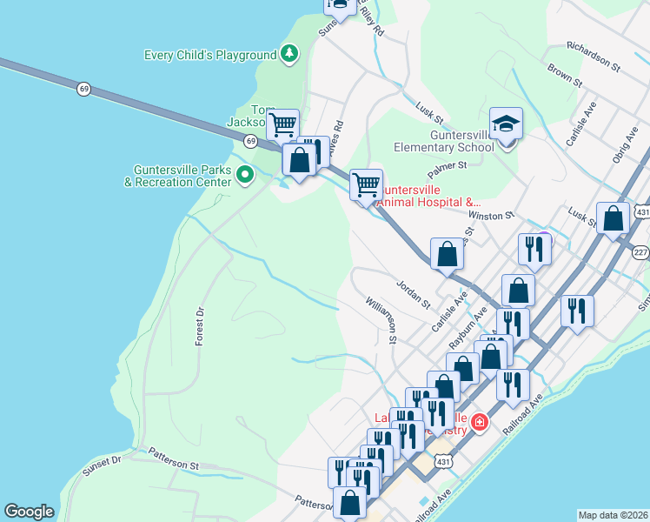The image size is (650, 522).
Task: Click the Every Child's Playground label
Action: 209,55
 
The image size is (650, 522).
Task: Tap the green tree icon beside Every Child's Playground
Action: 289,55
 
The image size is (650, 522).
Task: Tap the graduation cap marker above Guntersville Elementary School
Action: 505,124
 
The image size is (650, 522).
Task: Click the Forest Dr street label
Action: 199,326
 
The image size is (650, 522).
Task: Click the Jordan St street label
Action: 413,294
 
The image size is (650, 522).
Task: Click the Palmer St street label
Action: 447,164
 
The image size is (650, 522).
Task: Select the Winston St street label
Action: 491,214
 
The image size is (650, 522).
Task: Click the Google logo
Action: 29,512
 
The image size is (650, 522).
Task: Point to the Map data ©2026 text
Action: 613,515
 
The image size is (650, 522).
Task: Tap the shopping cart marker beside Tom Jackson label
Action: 282,124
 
